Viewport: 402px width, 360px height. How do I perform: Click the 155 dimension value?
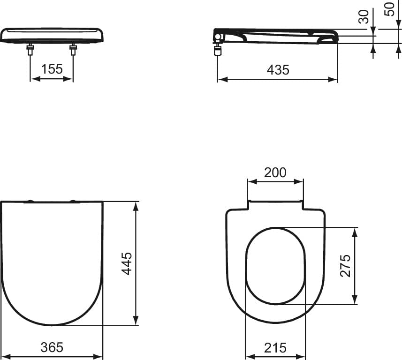coord(52,69)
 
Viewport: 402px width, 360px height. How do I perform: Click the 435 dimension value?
coord(278,70)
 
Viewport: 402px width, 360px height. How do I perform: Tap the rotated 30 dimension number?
coord(363,17)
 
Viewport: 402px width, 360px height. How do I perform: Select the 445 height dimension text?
coord(127,263)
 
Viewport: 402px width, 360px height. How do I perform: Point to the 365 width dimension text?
coord(52,347)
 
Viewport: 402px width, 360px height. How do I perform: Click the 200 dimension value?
coord(275,172)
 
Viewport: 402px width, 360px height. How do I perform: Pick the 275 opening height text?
coord(345,266)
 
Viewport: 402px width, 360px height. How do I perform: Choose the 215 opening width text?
coord(275,347)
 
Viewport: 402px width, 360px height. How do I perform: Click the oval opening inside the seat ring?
coord(276,265)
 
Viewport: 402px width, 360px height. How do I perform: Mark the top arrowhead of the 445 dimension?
coord(136,206)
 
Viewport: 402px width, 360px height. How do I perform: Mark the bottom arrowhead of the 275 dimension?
coord(355,300)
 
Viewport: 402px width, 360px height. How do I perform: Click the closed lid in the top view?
coord(52,262)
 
